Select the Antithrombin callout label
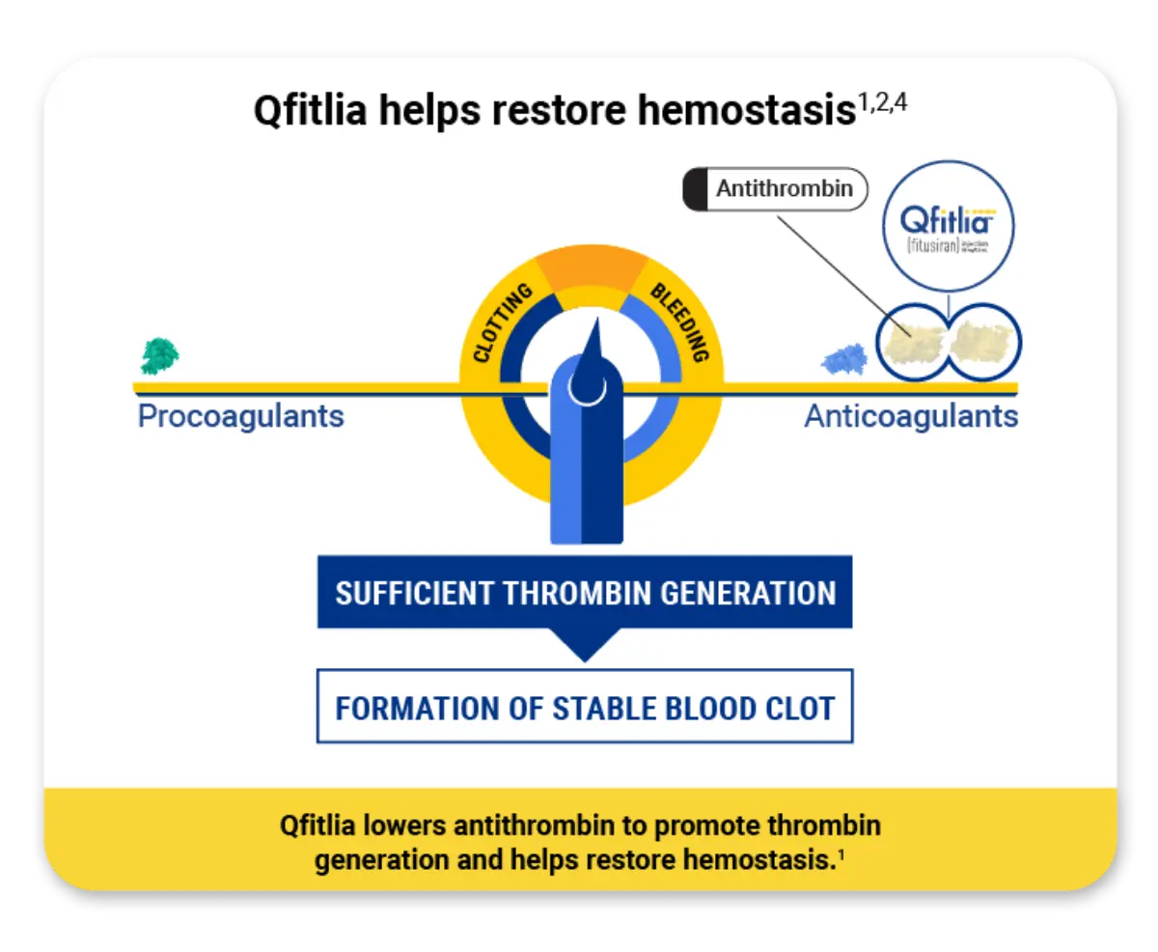click(x=783, y=189)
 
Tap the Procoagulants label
click(x=240, y=416)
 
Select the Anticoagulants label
click(x=911, y=416)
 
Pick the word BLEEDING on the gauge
click(x=679, y=322)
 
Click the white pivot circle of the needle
click(x=587, y=387)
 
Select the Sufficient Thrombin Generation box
click(x=585, y=592)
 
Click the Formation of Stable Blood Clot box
click(x=585, y=707)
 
